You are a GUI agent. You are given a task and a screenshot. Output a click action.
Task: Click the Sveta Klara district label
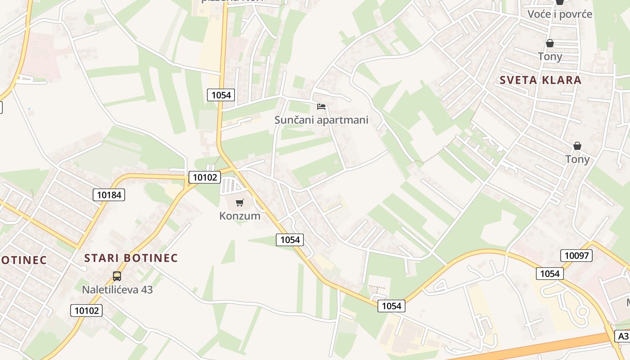(x=540, y=81)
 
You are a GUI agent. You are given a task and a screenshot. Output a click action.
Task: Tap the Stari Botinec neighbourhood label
(x=131, y=258)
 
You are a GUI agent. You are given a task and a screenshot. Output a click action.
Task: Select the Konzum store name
(x=240, y=216)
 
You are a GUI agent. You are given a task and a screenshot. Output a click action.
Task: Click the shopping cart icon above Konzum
(x=240, y=203)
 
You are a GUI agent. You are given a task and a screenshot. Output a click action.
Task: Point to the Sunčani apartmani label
(x=321, y=120)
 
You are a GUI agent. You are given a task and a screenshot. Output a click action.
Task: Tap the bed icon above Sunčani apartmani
(x=321, y=107)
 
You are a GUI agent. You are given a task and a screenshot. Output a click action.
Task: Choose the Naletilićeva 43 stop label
(x=117, y=289)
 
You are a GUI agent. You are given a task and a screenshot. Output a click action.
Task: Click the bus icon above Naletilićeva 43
(x=117, y=276)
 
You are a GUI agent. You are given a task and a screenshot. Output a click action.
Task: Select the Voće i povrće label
(x=560, y=14)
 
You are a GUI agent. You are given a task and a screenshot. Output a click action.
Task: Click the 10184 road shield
(x=109, y=195)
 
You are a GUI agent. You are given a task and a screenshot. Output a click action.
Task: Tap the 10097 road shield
(x=576, y=256)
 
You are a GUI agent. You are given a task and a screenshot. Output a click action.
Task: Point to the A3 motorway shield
(x=622, y=337)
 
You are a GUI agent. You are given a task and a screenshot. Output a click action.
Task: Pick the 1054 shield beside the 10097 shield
(x=550, y=273)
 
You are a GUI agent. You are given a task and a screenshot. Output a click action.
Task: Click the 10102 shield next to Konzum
(x=204, y=177)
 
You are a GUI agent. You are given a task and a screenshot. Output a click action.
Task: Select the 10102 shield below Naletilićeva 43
(x=86, y=310)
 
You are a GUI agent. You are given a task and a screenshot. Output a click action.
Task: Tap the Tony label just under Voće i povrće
(x=550, y=57)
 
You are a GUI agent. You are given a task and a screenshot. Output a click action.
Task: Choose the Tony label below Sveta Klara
(x=577, y=159)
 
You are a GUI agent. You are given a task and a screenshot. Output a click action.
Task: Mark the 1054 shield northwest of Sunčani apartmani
(x=220, y=95)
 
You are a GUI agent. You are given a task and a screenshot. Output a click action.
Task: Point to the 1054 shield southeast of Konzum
(x=290, y=240)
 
